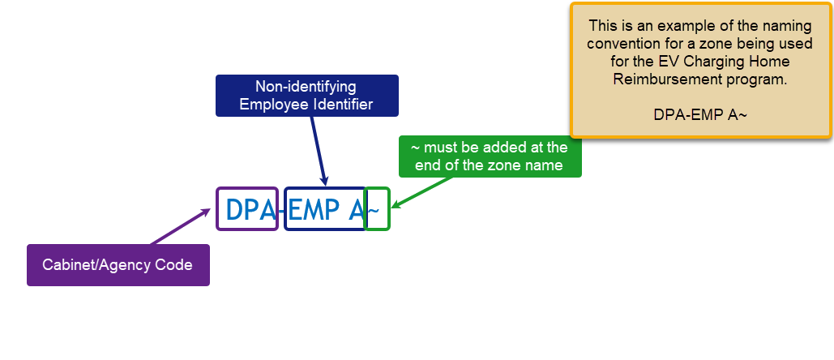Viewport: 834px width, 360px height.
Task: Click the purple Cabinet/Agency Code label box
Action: tap(118, 265)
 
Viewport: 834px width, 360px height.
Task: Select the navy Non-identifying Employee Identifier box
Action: tap(306, 95)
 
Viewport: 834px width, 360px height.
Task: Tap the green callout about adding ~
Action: tap(490, 156)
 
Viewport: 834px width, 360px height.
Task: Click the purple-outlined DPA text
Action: tap(247, 209)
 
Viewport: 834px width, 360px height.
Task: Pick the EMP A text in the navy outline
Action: tap(324, 209)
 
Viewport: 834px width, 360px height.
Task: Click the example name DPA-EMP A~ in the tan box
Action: tap(700, 114)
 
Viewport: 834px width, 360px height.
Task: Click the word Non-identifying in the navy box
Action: tap(306, 86)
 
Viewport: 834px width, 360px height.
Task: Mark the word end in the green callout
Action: tap(428, 165)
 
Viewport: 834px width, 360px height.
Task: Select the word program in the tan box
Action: tap(761, 79)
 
